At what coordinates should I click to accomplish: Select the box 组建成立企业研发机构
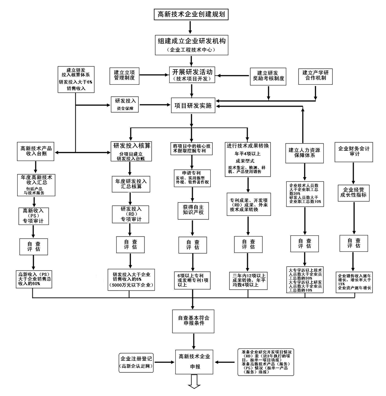[x=191, y=44]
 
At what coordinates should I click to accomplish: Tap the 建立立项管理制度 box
[x=125, y=76]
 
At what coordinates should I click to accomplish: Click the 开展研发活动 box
[x=192, y=75]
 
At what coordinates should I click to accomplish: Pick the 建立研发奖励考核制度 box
[x=268, y=76]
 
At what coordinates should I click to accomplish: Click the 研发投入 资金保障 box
[x=125, y=105]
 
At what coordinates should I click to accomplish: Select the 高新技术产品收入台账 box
[x=36, y=151]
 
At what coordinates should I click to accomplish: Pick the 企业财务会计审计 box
[x=354, y=151]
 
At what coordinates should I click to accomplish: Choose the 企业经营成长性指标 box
[x=353, y=193]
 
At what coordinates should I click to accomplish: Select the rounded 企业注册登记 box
[x=137, y=362]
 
